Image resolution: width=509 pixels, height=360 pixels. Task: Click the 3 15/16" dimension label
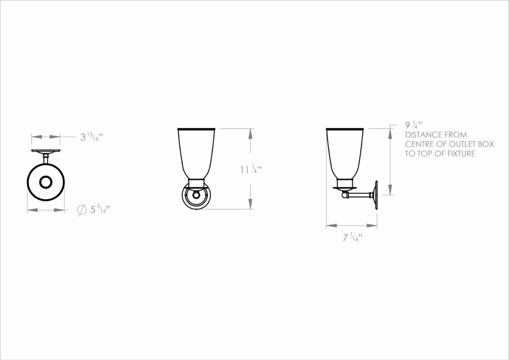tap(91, 137)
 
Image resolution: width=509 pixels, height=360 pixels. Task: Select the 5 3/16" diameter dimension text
tap(100, 209)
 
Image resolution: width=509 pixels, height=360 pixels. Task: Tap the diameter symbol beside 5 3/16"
tap(82, 210)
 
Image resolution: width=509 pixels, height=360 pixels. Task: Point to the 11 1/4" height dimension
tap(251, 170)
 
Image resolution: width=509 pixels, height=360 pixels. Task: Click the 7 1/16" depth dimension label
tap(352, 238)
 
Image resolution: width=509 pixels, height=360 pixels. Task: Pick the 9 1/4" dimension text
tap(414, 125)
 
